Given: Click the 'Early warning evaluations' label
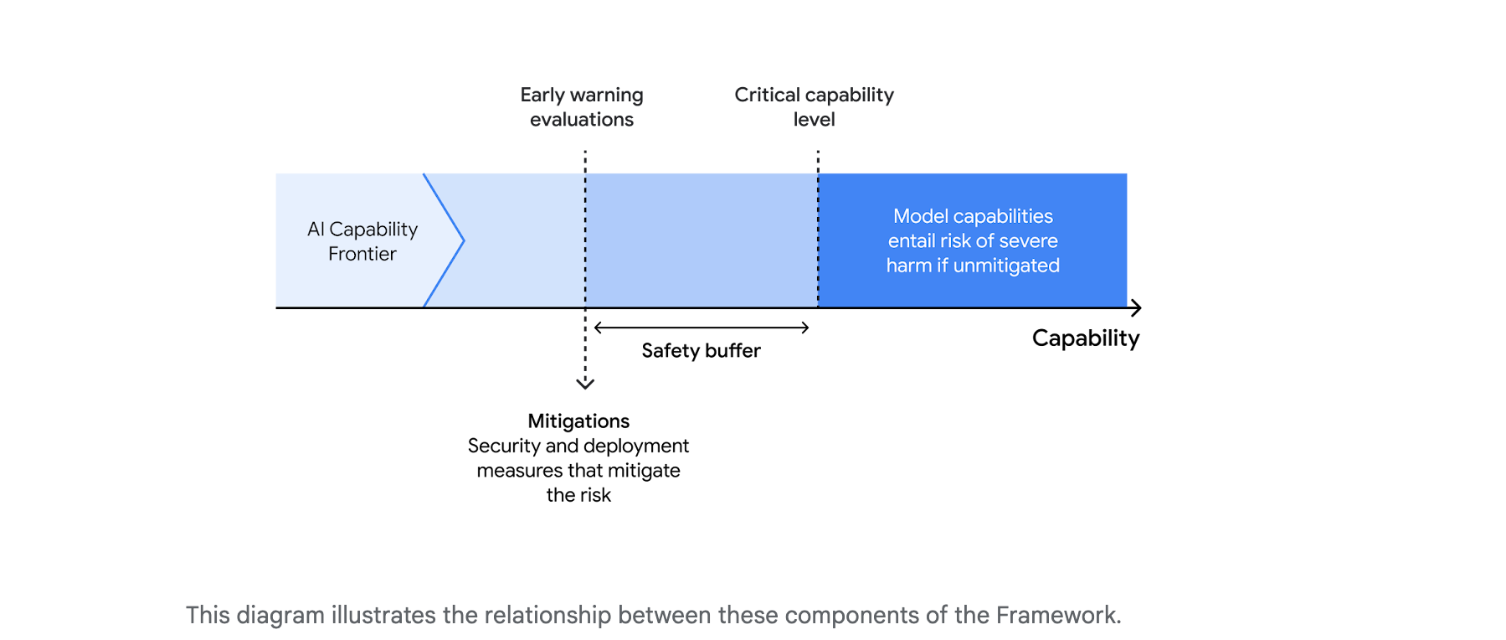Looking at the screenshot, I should pos(582,107).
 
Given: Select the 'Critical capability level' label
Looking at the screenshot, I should pos(814,107).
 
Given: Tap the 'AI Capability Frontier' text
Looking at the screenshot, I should pos(362,241).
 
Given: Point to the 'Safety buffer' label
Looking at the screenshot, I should pos(701,351).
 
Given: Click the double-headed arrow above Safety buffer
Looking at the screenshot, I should pos(702,328).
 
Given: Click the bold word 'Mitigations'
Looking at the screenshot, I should pos(578,421).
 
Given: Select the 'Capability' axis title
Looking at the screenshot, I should pos(1085,338).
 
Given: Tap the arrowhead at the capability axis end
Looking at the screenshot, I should pos(1136,308).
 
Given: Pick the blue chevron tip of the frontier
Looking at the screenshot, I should pos(462,241).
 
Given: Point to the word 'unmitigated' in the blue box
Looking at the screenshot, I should pos(1006,266).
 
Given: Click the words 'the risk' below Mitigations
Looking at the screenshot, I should pos(578,495).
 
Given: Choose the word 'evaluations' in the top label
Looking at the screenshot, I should pos(582,120).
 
